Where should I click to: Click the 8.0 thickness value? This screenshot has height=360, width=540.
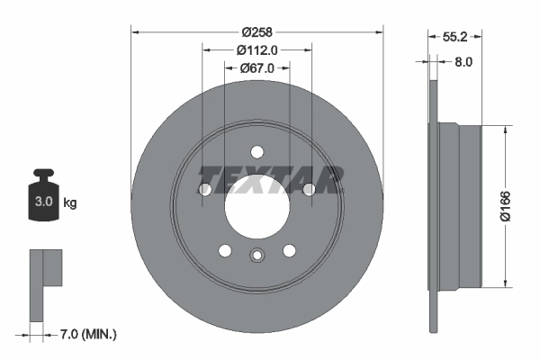point(464,62)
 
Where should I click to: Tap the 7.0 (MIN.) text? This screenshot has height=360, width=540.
point(86,335)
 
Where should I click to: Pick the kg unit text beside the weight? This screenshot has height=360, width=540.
point(70,203)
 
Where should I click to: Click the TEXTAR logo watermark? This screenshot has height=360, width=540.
point(271,179)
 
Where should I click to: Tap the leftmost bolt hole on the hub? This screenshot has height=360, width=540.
point(204,189)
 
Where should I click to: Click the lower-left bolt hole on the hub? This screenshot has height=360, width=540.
point(225,250)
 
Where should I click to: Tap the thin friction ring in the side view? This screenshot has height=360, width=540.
point(433,205)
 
